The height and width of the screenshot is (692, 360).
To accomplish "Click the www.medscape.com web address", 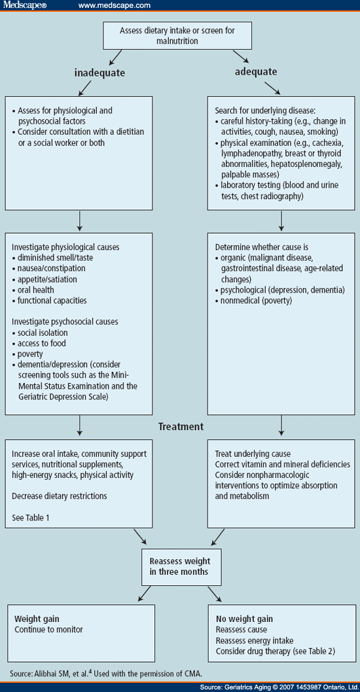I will point(115,6).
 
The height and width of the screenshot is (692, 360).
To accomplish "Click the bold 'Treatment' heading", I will point(180,426).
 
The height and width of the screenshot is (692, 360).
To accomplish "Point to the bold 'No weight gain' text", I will point(244,619).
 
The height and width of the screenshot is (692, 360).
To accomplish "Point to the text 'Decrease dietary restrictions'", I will point(60,496).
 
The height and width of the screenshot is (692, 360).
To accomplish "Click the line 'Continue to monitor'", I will point(49,629).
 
